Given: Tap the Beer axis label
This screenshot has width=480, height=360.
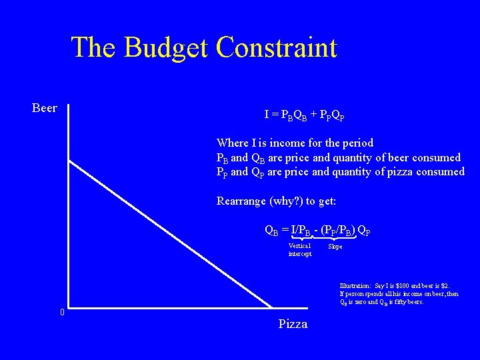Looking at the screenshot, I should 45,108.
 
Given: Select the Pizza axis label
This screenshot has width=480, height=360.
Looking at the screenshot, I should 293,324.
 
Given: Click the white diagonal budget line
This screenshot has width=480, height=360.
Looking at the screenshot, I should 170,234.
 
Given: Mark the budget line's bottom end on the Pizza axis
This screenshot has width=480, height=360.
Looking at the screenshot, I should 272,307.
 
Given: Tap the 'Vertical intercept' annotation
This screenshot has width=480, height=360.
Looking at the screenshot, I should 300,249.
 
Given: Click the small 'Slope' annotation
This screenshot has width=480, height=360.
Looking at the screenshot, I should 335,246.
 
